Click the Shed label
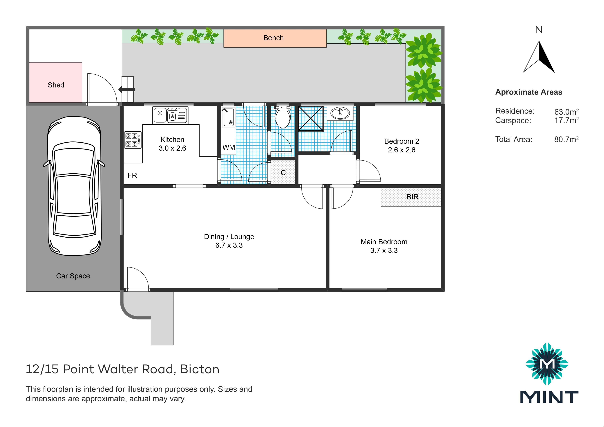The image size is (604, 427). (56, 85)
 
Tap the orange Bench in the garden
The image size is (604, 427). (275, 38)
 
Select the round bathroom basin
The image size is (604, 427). (340, 113)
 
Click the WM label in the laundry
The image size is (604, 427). (229, 147)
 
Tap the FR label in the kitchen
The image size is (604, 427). (132, 175)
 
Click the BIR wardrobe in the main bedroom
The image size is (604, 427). (411, 197)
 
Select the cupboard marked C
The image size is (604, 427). (283, 172)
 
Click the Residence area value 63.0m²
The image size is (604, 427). (566, 112)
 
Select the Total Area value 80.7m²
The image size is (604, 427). (566, 139)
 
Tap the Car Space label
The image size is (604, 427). (73, 276)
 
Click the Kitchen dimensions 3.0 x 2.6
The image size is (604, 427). (172, 148)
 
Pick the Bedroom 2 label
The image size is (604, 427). (402, 141)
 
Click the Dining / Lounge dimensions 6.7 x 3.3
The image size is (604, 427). (229, 245)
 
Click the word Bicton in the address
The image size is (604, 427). (200, 369)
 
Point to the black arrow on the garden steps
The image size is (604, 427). (127, 90)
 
